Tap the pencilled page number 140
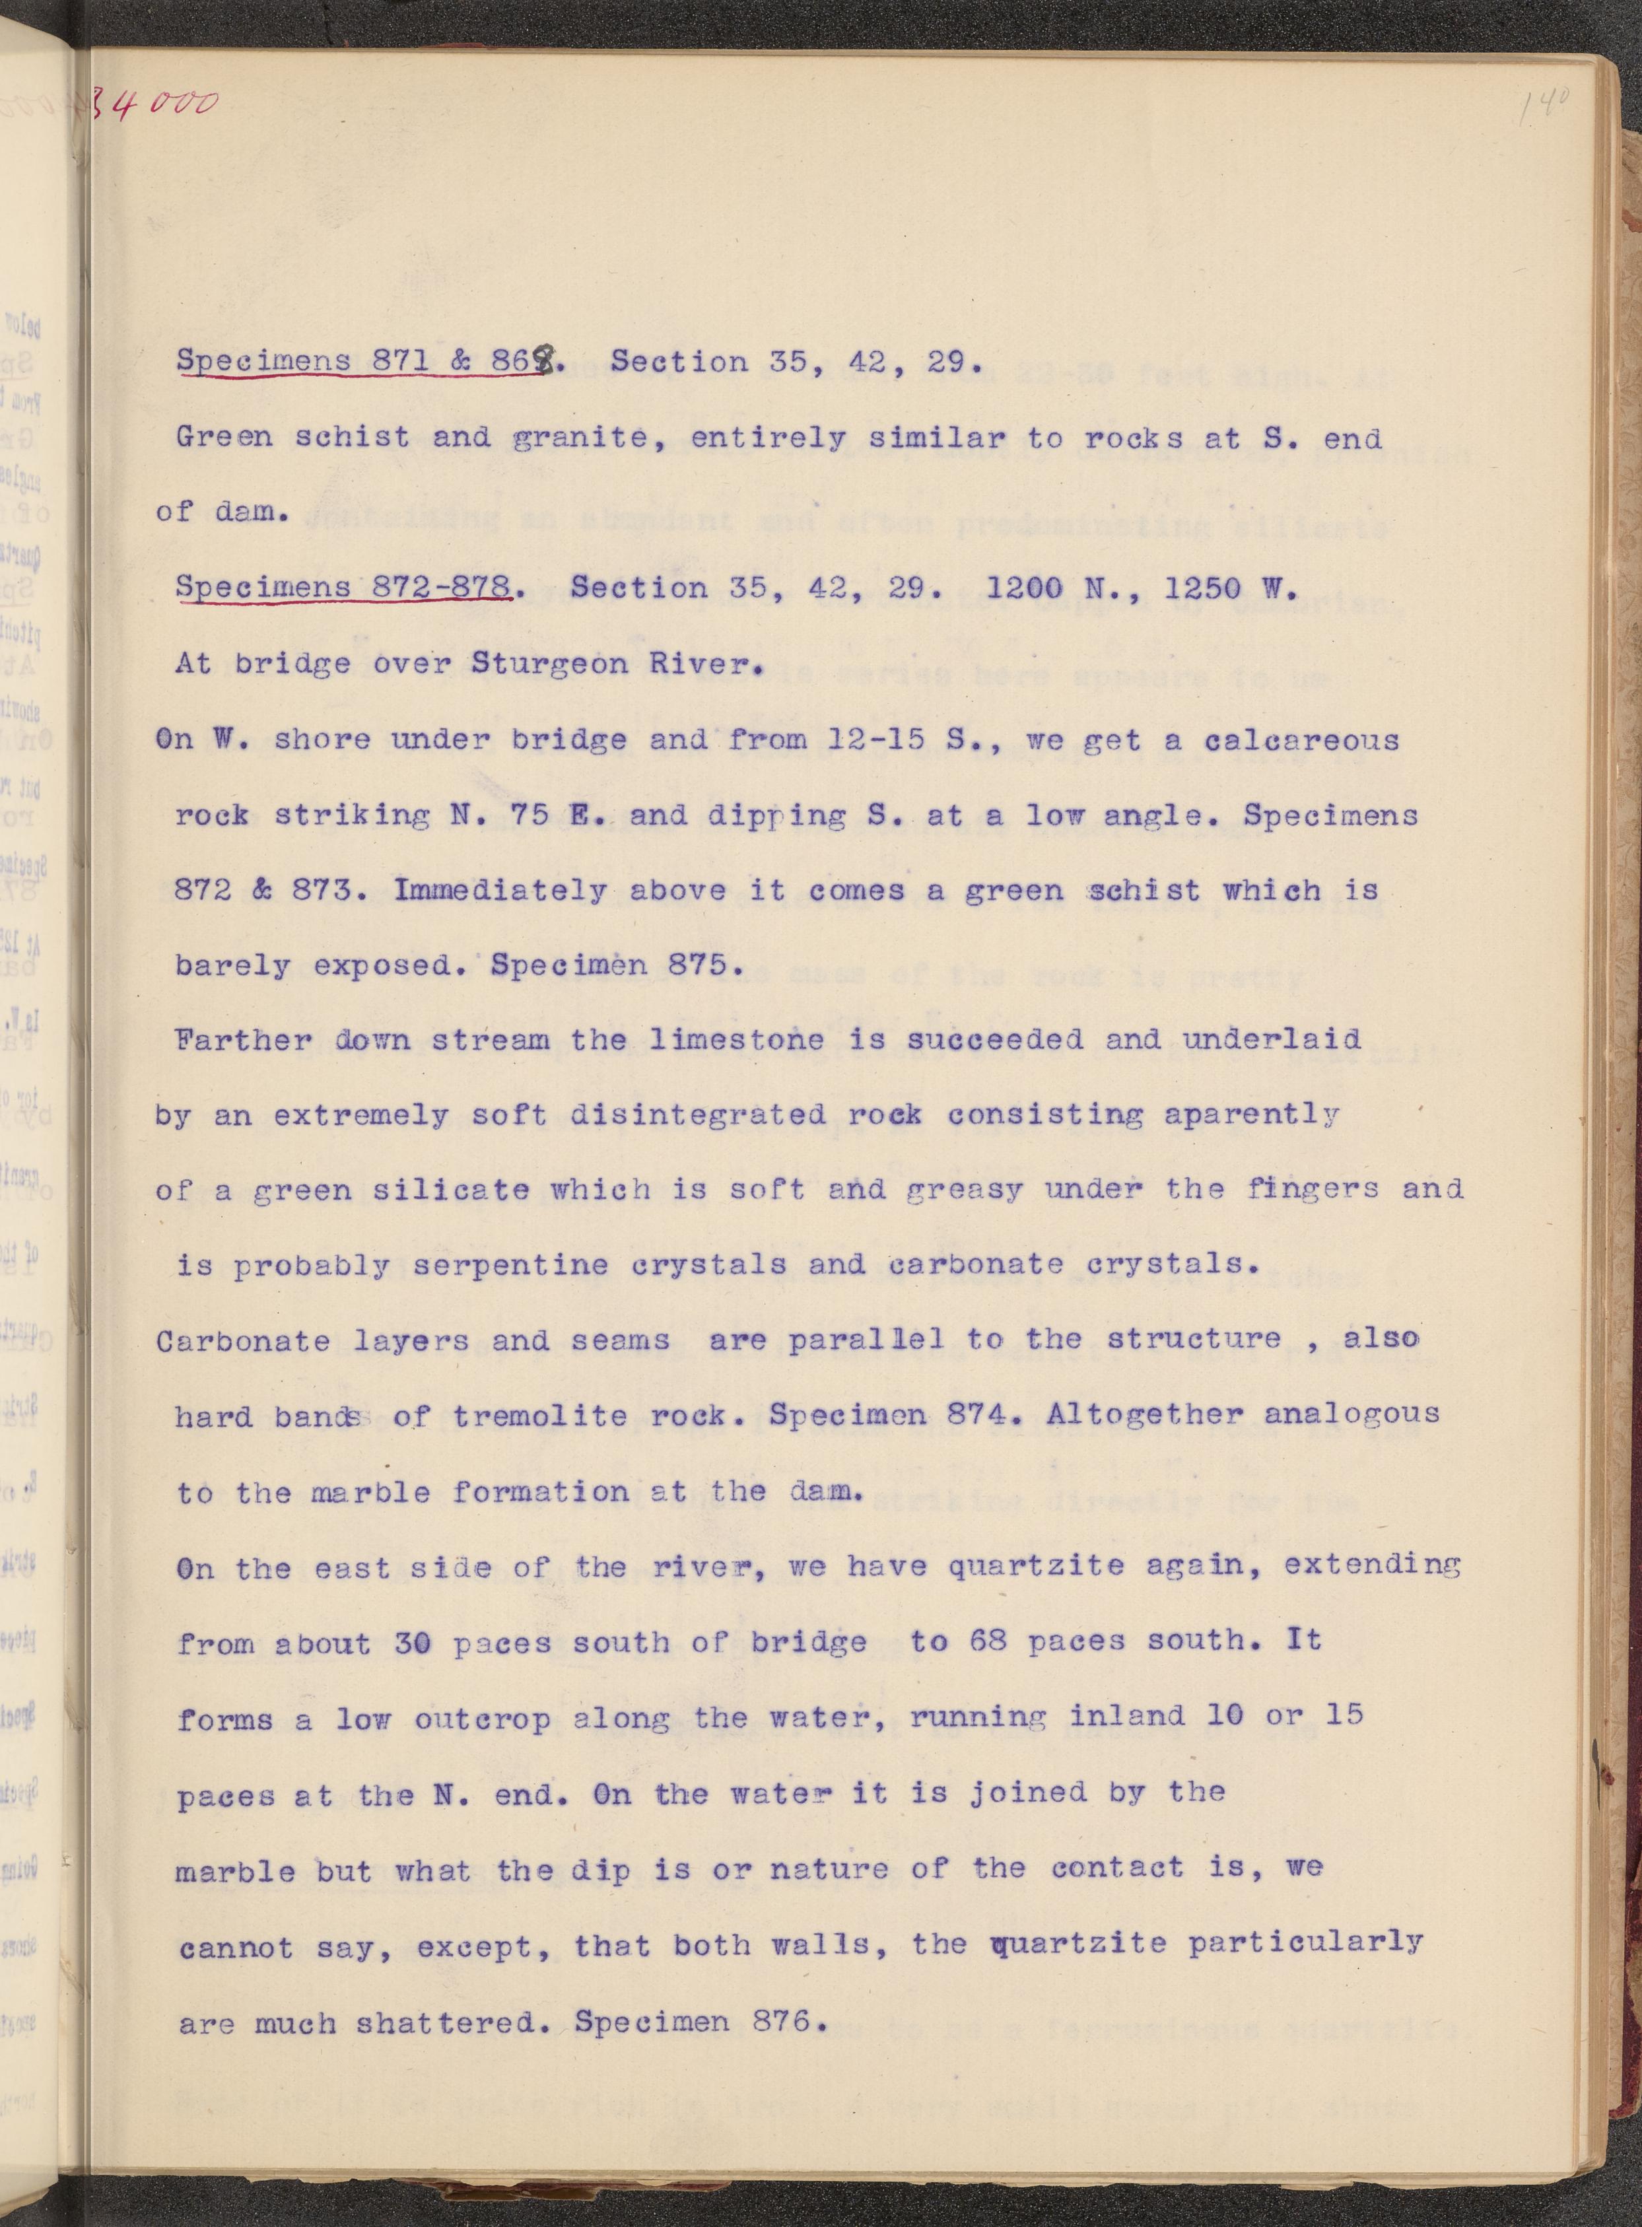click(x=1542, y=104)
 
